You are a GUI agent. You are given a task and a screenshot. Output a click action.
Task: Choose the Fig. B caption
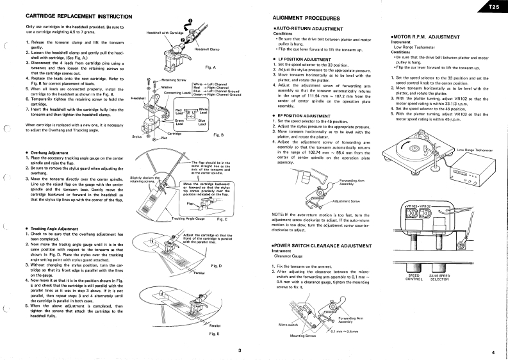[218, 135]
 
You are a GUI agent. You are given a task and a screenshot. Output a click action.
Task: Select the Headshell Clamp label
[206, 49]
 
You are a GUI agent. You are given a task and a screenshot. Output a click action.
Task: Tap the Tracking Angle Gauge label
[188, 218]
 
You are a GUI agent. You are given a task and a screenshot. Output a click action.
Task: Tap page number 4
[493, 352]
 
